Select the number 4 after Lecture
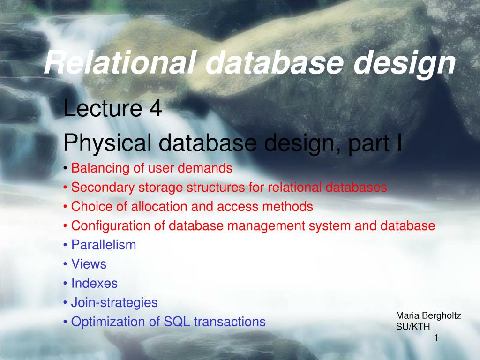click(156, 108)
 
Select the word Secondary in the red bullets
click(103, 187)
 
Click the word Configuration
click(111, 226)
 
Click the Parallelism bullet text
click(104, 245)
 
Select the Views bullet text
click(89, 264)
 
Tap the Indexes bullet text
click(94, 283)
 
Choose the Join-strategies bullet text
click(114, 303)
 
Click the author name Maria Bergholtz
click(428, 315)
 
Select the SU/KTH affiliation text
click(412, 327)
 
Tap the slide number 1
click(436, 338)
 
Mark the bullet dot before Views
click(65, 264)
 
